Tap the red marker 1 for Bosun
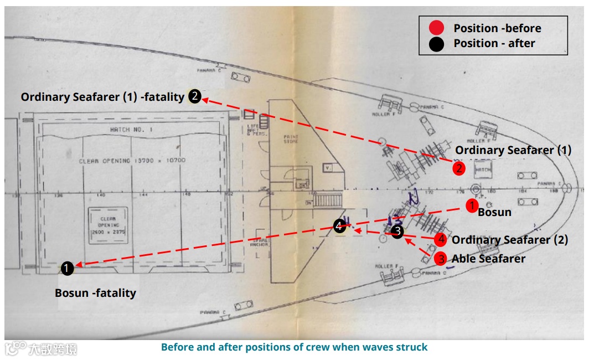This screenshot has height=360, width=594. click(471, 206)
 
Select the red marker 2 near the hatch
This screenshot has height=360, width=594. click(458, 168)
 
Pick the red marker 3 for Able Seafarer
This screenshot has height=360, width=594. click(441, 258)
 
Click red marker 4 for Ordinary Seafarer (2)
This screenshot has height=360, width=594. click(441, 239)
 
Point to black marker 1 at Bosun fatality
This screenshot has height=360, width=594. click(66, 269)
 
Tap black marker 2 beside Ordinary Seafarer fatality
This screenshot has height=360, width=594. click(194, 96)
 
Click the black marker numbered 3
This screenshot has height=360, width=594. click(397, 232)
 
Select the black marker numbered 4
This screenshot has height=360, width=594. click(339, 225)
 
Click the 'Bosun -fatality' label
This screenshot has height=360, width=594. click(95, 293)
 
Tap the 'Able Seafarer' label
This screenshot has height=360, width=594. click(488, 259)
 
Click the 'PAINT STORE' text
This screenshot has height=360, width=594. click(291, 139)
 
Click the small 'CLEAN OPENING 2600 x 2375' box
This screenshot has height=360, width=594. click(108, 225)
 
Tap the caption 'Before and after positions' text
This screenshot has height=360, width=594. click(294, 347)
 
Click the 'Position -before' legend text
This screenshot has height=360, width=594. click(497, 28)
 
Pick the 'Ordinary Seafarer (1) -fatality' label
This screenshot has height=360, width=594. click(102, 97)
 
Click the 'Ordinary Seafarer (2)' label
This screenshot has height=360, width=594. click(509, 240)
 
